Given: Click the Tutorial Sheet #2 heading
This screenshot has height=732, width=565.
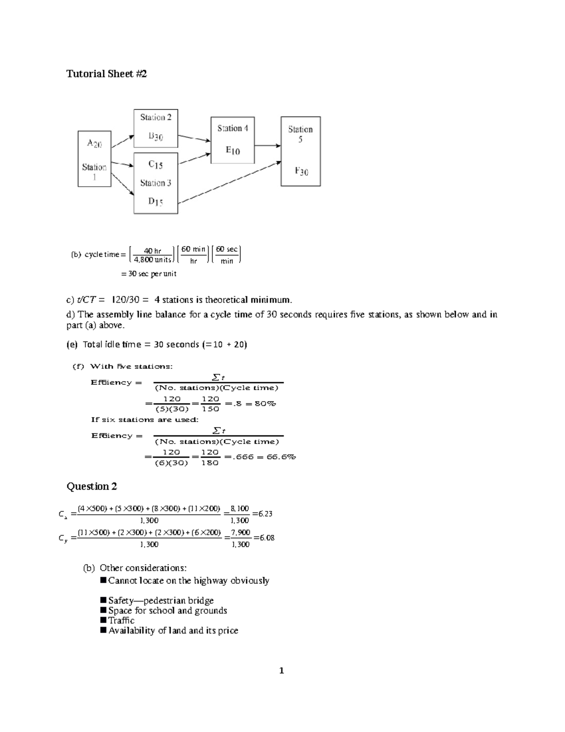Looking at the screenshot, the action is tap(106, 74).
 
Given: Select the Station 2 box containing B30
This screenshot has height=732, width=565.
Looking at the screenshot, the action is tap(156, 128).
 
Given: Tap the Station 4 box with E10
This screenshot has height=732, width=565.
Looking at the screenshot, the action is tap(233, 140).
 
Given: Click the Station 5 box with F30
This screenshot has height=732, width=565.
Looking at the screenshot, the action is tap(301, 151).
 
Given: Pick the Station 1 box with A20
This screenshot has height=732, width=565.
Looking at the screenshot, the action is tap(94, 158).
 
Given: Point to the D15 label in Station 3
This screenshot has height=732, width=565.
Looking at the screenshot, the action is tap(156, 202).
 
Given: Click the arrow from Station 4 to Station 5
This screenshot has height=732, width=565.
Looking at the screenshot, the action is tap(267, 146).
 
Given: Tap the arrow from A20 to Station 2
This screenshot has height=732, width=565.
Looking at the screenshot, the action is tap(122, 141).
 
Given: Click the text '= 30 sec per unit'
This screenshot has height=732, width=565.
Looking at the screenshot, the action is tap(149, 274).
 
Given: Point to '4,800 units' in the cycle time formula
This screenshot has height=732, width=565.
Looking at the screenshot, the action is tap(153, 260).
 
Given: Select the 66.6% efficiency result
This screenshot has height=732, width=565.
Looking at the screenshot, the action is tap(281, 457).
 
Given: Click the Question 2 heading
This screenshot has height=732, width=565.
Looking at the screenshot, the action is tap(91, 486).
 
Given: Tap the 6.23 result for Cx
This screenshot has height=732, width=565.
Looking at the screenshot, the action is tap(265, 514).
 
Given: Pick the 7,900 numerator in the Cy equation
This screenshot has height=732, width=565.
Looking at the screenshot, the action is tap(241, 533).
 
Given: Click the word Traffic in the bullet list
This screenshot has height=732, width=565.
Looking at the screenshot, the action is tap(121, 620).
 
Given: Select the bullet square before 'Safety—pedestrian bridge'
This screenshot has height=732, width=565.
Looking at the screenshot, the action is tap(104, 600).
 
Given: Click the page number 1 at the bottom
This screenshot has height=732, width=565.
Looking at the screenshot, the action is tap(282, 671).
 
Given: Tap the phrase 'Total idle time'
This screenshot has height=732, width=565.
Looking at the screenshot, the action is tap(112, 345).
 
